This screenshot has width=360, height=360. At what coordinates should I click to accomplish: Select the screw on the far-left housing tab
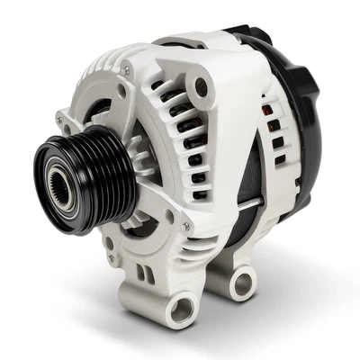60,118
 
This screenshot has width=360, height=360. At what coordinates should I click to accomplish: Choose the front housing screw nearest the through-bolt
185,225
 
